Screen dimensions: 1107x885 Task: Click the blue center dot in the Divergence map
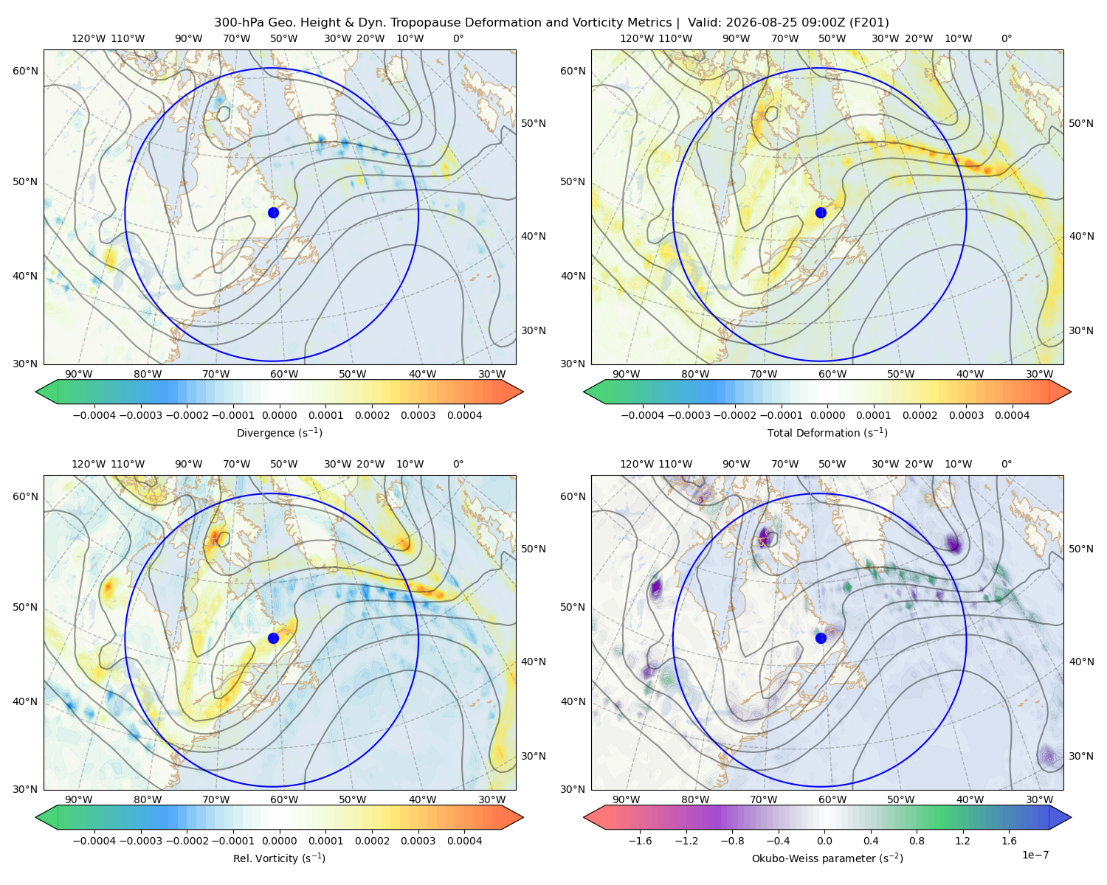[273, 212]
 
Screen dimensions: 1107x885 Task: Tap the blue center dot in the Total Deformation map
[821, 212]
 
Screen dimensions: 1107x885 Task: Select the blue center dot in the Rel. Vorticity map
[273, 638]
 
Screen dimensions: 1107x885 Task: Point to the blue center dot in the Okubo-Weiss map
[821, 638]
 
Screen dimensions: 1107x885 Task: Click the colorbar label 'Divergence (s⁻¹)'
[279, 432]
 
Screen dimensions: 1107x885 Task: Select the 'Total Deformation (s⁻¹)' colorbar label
[827, 432]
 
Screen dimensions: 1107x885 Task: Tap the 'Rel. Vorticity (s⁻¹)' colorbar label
[279, 858]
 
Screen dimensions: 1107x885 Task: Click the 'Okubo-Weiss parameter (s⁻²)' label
[827, 858]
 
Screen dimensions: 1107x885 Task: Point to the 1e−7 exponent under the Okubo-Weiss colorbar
[1035, 855]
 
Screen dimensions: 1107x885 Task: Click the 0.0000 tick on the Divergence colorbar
[279, 415]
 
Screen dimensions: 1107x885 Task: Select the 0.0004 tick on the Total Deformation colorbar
[1012, 415]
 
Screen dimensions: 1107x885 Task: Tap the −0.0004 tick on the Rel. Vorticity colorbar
[94, 841]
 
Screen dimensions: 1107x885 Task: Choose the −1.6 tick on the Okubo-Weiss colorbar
[640, 841]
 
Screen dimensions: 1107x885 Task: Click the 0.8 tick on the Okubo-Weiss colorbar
[917, 841]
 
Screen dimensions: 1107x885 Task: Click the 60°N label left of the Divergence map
[25, 71]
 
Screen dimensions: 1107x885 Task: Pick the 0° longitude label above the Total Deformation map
[1006, 38]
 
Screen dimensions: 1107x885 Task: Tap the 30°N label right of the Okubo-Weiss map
[1080, 756]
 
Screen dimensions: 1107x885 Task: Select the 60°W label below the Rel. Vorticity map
[284, 799]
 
